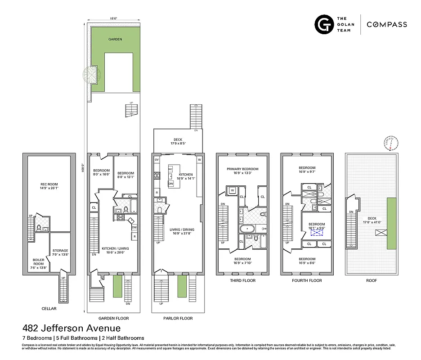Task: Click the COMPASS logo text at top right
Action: (x=387, y=25)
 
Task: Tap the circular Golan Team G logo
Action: (x=323, y=24)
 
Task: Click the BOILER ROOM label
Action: (x=38, y=262)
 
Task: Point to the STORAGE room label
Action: (x=60, y=253)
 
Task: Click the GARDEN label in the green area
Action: (x=115, y=39)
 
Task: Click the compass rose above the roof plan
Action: (x=391, y=142)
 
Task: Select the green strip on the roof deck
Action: (x=391, y=223)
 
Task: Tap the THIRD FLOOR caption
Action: (x=242, y=280)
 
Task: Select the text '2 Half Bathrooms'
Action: (x=122, y=338)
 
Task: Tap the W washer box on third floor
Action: (x=233, y=190)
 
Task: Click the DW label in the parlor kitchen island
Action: (x=170, y=184)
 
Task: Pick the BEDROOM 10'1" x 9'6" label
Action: (x=316, y=226)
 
